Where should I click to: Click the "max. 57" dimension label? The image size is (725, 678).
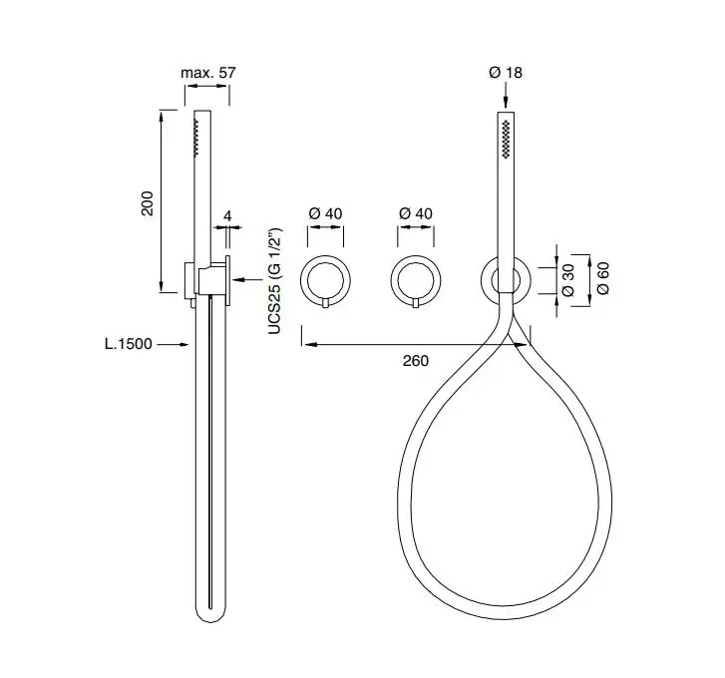click(207, 73)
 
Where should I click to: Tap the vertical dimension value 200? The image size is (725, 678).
click(147, 202)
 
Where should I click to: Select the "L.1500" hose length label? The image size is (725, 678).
click(128, 344)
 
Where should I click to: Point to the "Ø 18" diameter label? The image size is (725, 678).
click(506, 73)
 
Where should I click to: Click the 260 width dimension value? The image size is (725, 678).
click(415, 361)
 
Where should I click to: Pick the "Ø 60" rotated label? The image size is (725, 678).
click(603, 278)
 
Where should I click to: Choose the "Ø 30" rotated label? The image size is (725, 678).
click(567, 280)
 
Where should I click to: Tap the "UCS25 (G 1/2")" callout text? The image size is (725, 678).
click(274, 281)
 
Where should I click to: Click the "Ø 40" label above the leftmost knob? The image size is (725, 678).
click(325, 213)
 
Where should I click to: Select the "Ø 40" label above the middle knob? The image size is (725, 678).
click(416, 213)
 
